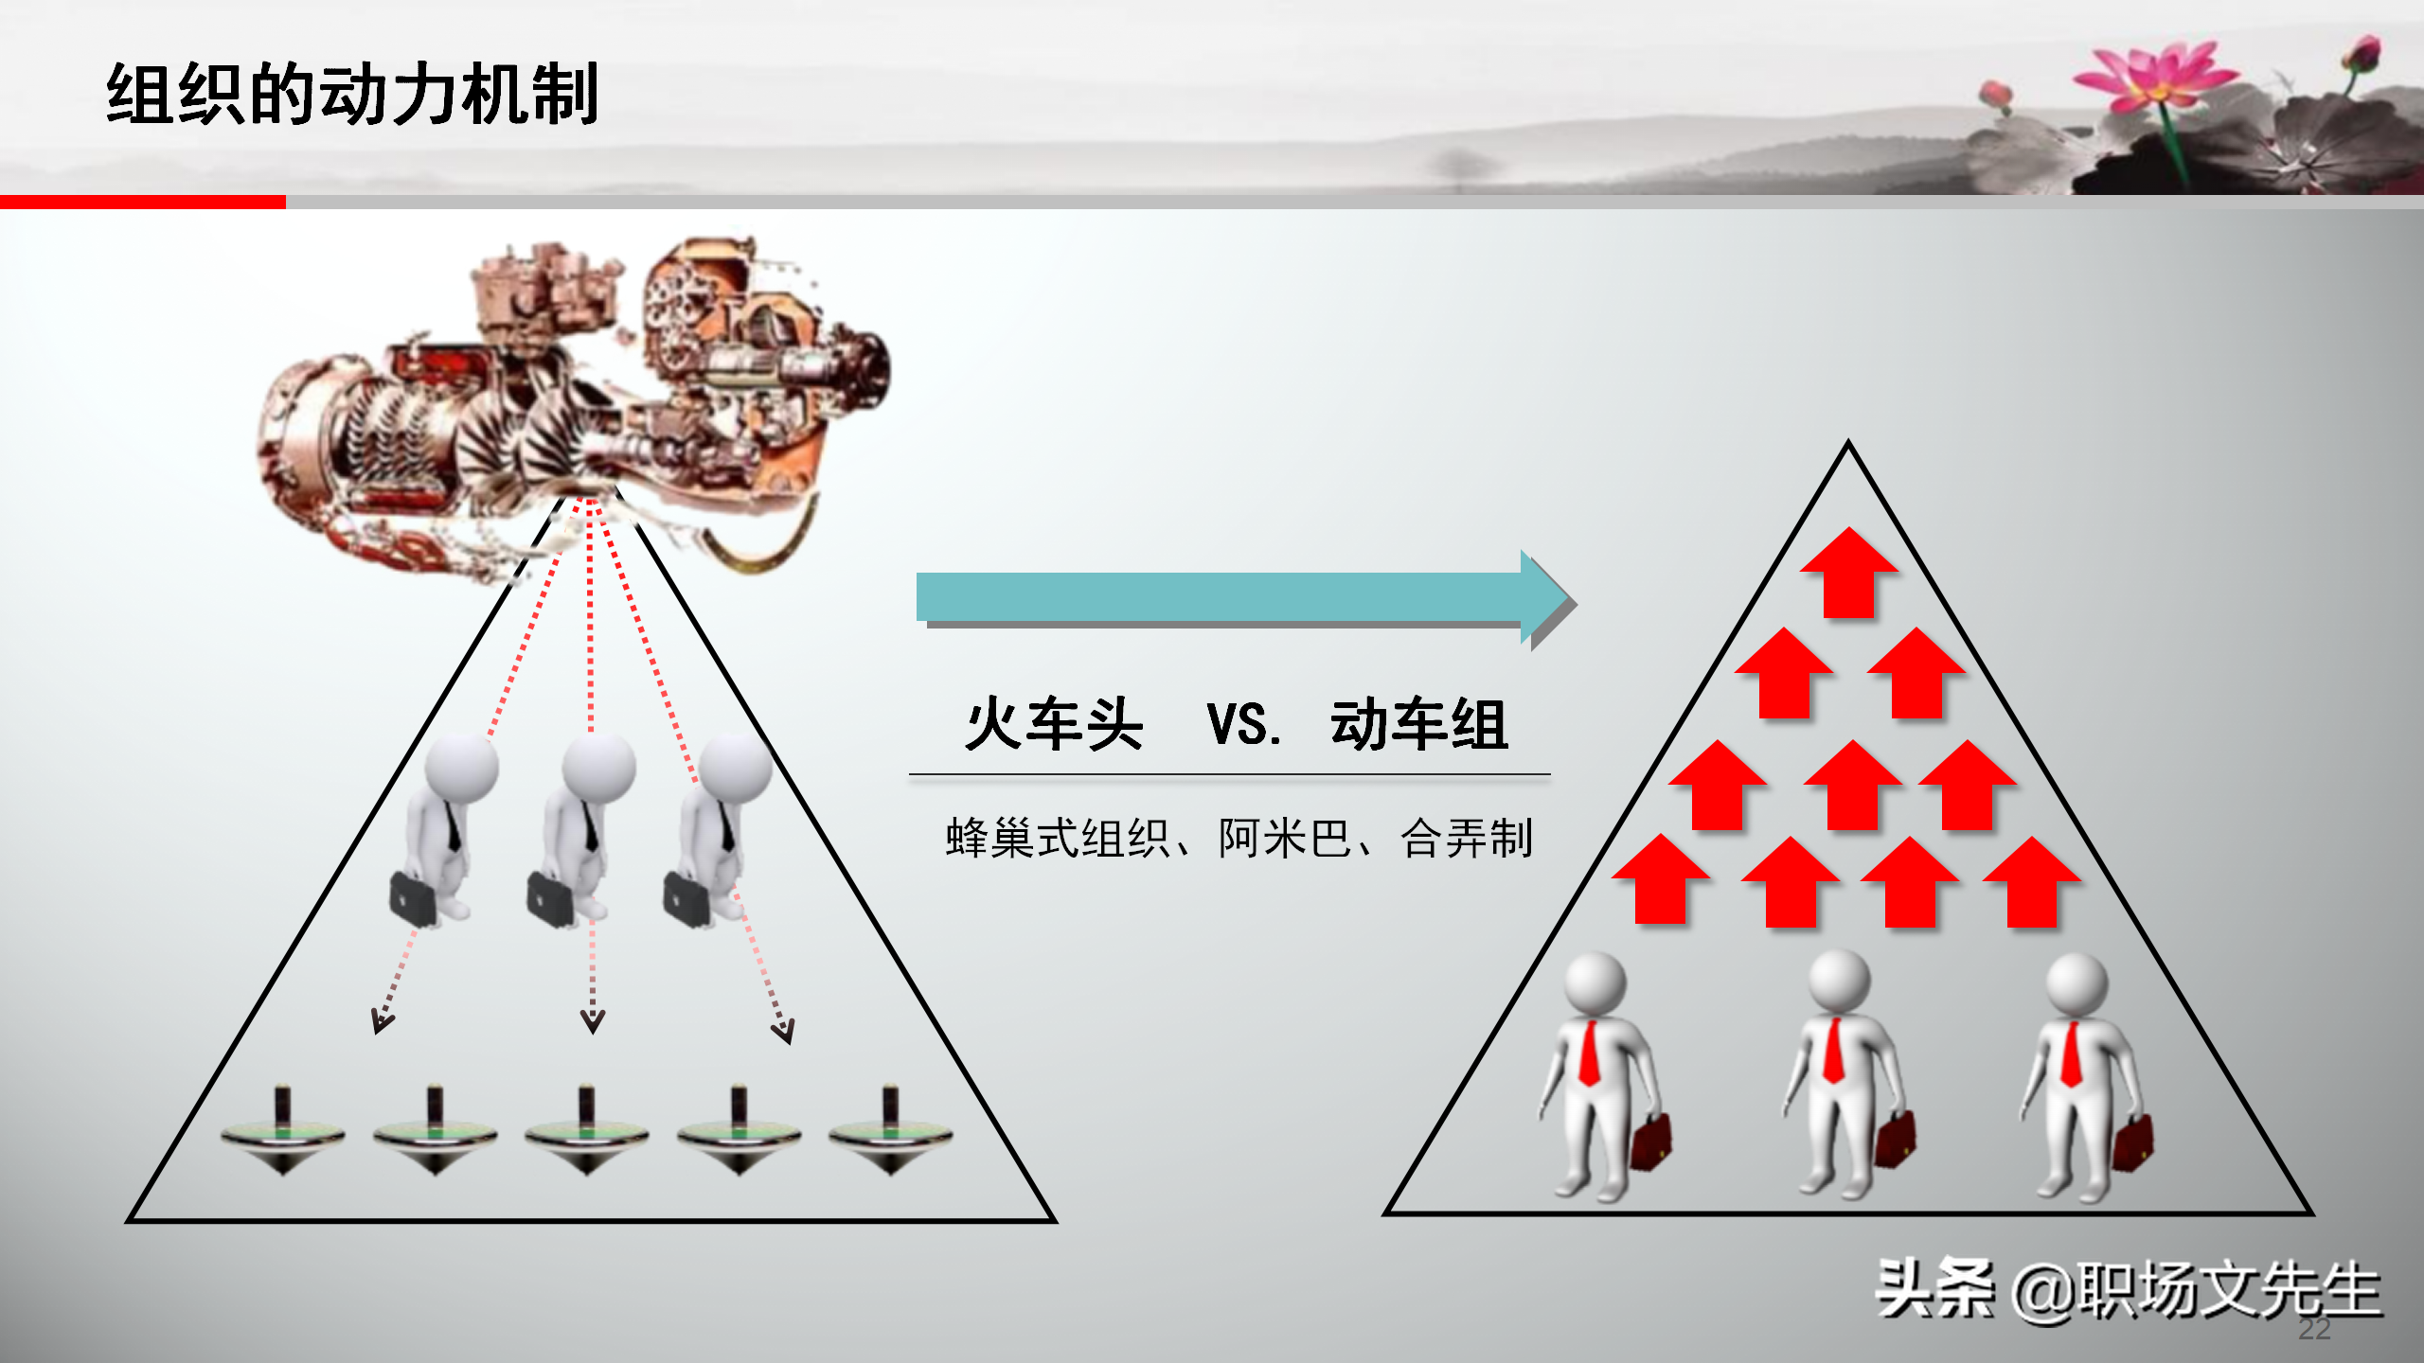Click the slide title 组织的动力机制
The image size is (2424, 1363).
tap(352, 94)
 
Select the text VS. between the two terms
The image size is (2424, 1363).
tap(1244, 725)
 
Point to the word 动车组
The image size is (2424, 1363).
tap(1418, 725)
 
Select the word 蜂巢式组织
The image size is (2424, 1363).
tap(1057, 839)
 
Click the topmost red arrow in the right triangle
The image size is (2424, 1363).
tap(1848, 573)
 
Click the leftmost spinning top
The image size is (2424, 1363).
tap(282, 1131)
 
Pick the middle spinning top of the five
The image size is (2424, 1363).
tap(586, 1131)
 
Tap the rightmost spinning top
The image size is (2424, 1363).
tap(890, 1131)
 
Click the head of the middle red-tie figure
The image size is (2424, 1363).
tap(1839, 981)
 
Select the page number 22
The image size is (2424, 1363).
tap(2314, 1329)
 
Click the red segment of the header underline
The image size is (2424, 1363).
tap(142, 202)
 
